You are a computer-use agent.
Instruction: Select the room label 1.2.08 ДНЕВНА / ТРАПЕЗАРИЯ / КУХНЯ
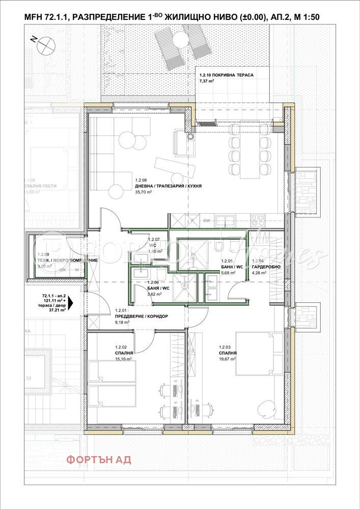(168, 186)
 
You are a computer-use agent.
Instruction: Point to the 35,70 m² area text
(144, 192)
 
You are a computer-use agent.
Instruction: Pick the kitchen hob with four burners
(258, 221)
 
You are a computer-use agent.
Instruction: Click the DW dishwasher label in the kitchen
(206, 221)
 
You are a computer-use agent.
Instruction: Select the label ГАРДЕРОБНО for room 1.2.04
(265, 266)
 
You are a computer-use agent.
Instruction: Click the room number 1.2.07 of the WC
(154, 239)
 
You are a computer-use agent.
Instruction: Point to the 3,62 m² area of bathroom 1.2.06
(154, 294)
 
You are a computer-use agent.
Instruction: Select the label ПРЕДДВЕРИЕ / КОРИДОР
(141, 316)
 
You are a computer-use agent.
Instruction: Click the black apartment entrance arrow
(70, 302)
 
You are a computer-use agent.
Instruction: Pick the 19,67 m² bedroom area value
(227, 359)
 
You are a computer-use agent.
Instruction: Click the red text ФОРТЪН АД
(98, 460)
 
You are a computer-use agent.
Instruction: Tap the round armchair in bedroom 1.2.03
(265, 407)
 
